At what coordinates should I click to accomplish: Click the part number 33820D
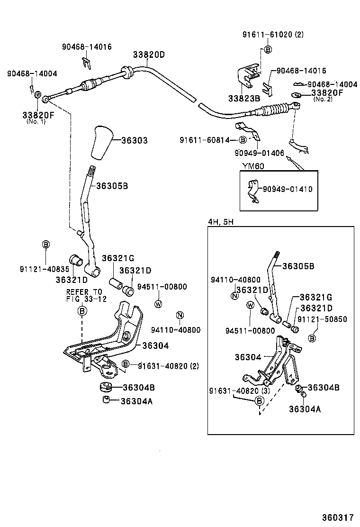point(149,55)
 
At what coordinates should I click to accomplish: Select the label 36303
point(134,141)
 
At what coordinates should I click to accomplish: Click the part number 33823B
point(243,98)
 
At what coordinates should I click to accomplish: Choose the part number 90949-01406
point(259,153)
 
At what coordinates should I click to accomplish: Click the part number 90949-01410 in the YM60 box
point(288,189)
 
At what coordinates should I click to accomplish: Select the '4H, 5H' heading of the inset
point(221,221)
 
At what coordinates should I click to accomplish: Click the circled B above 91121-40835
point(46,244)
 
